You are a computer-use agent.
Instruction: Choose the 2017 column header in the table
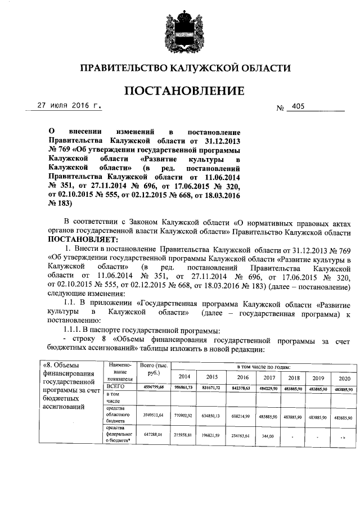coord(269,376)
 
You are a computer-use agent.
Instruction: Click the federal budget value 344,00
coord(268,436)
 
